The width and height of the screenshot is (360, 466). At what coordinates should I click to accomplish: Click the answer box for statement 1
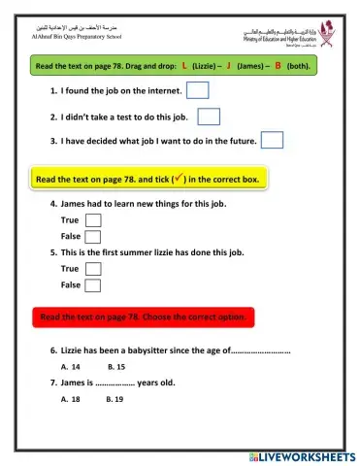point(197,91)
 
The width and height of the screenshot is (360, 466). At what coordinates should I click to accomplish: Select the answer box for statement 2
point(209,116)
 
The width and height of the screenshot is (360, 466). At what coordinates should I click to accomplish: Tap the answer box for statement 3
point(272,141)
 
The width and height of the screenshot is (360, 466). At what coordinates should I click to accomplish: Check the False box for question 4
point(93,236)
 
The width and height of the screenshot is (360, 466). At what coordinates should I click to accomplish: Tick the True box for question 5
point(93,269)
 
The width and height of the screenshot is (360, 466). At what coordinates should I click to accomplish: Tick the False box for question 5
point(93,284)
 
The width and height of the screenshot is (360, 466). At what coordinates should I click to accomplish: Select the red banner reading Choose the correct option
point(144,316)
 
